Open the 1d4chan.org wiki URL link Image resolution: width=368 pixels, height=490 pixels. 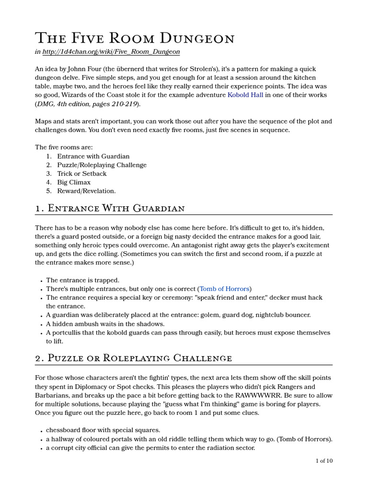pyautogui.click(x=111, y=52)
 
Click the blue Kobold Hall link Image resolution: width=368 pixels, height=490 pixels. pyautogui.click(x=245, y=95)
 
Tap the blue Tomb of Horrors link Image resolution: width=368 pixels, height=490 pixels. pyautogui.click(x=224, y=289)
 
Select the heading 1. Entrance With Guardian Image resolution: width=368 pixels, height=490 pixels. pyautogui.click(x=110, y=208)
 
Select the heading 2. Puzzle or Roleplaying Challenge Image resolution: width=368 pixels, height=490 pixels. pyautogui.click(x=133, y=358)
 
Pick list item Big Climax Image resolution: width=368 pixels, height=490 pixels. pyautogui.click(x=74, y=182)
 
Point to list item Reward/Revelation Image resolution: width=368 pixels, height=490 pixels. pyautogui.click(x=86, y=191)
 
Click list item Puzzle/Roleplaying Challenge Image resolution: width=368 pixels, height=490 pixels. pyautogui.click(x=102, y=165)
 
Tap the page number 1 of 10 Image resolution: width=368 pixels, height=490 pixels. pyautogui.click(x=324, y=461)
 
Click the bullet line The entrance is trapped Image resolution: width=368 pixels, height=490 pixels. pyautogui.click(x=82, y=280)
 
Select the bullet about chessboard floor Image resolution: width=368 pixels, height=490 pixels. pyautogui.click(x=103, y=430)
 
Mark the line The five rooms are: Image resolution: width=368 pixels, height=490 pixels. pyautogui.click(x=64, y=147)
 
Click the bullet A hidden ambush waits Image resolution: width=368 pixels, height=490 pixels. pyautogui.click(x=105, y=324)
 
